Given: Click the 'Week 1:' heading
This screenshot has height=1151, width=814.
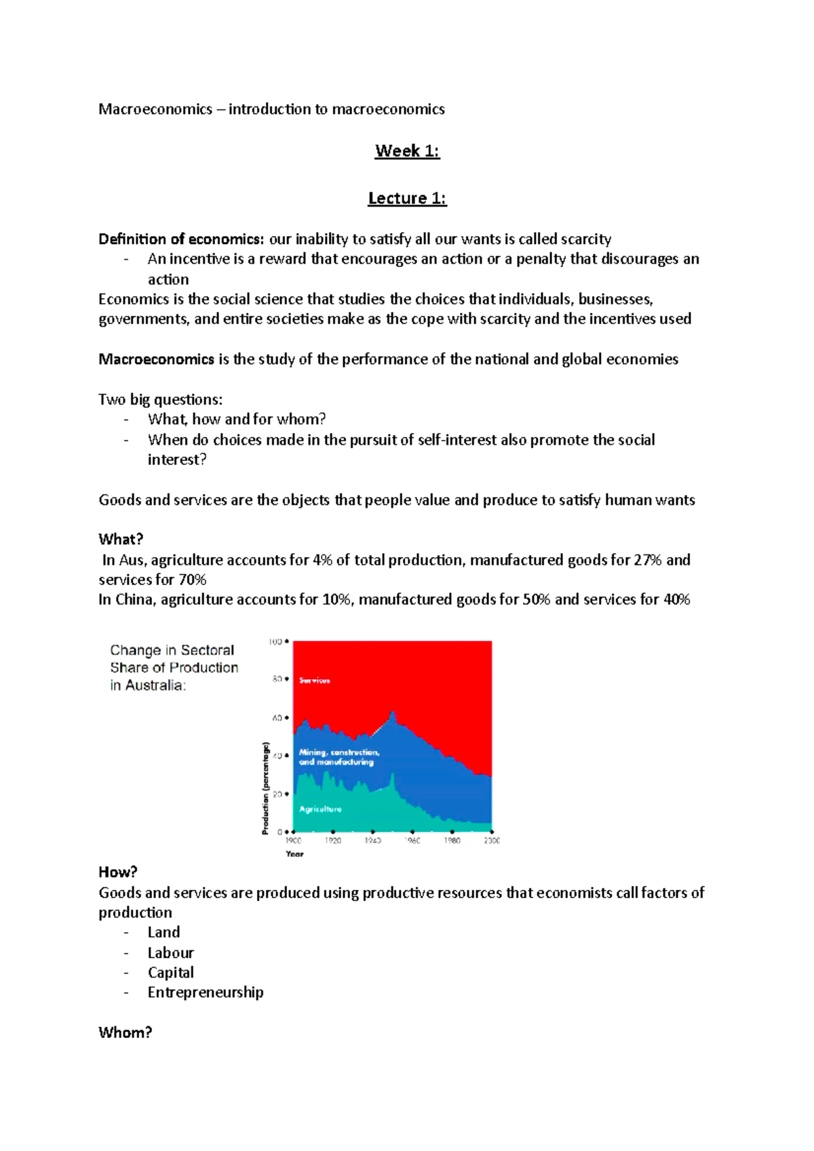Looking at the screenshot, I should coord(407,151).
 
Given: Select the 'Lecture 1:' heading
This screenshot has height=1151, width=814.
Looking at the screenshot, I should coord(407,199).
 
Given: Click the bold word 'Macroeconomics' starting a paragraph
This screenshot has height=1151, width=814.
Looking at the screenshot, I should coord(156,359).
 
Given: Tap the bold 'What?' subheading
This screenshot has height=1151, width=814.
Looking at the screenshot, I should coord(121,540).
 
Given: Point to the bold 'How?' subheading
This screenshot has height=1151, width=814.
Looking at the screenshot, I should coord(118,872).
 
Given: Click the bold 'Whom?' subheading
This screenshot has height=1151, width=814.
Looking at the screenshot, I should coord(125,1032).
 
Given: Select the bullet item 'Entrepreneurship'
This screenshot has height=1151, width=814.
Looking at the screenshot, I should coord(206,992).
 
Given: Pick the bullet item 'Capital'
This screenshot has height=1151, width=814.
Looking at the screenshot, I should coord(171,973).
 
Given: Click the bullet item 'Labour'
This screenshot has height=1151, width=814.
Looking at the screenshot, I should coord(171,953).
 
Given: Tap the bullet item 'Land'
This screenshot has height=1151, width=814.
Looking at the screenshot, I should coord(164,933).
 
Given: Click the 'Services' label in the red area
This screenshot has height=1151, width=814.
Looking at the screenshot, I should coord(314,681).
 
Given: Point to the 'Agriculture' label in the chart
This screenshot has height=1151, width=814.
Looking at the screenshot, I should coord(320,809).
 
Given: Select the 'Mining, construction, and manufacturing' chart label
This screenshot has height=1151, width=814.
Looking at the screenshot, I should coord(338,757).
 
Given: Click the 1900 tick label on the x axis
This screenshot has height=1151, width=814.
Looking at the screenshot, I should coord(293,841).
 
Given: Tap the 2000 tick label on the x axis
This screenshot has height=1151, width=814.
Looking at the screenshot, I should coord(492,841).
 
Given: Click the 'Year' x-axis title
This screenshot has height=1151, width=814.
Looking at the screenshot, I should coord(294,854).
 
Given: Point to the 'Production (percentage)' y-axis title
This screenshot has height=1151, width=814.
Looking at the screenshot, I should coord(266,788).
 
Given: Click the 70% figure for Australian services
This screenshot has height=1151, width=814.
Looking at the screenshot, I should coord(193,580).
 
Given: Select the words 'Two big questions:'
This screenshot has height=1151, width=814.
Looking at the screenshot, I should coord(160,399).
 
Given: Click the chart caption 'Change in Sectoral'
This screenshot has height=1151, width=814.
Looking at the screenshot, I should coord(172,650).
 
